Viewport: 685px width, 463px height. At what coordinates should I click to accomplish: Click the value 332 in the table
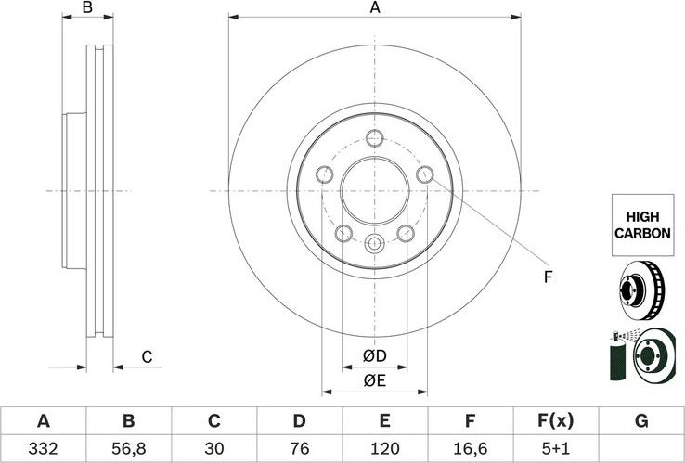point(43,447)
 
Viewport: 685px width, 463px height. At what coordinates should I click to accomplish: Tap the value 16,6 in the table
point(470,447)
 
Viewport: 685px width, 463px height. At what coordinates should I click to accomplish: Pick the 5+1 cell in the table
point(555,447)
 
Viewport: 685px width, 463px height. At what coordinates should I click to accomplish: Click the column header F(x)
point(555,422)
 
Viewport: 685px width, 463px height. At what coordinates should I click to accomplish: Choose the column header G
point(640,422)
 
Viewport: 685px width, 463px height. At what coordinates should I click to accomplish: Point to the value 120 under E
point(384,447)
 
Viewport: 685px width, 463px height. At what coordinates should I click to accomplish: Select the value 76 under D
point(299,447)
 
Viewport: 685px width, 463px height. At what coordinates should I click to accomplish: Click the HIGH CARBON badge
point(641,225)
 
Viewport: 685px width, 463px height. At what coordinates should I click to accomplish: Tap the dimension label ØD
point(374,355)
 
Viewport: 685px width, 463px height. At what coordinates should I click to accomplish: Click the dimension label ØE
point(374,379)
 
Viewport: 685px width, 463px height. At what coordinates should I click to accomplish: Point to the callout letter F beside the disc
point(548,276)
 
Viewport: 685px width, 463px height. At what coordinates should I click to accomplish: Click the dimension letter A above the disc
point(375,8)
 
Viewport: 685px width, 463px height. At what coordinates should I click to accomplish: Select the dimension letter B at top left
point(87,8)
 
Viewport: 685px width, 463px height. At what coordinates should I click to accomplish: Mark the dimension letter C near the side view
point(146,356)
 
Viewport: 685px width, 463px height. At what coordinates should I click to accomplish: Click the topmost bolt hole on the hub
point(374,139)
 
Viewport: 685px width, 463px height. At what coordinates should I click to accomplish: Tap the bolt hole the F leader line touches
point(426,174)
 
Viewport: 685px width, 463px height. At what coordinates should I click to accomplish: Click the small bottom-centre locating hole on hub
point(374,244)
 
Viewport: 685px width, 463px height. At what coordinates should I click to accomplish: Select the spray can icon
point(614,355)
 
